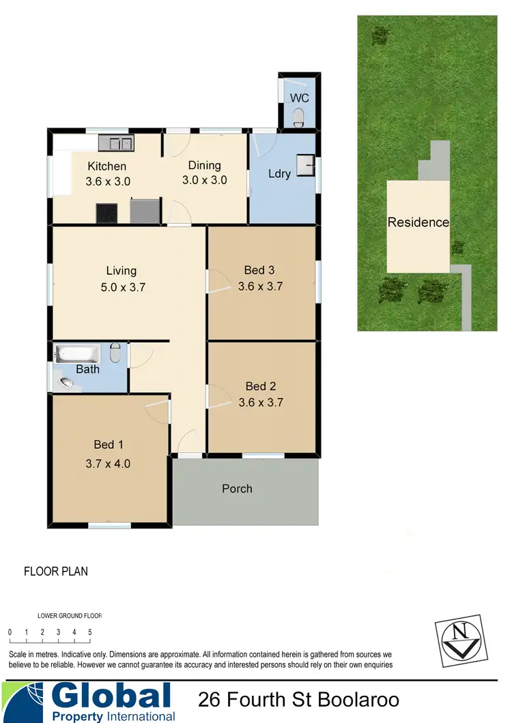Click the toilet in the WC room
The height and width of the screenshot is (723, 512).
coord(298,121)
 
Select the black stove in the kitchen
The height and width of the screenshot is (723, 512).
coord(106,213)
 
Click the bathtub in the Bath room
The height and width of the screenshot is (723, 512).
coord(77,354)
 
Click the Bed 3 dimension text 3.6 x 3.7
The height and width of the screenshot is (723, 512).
coord(260,286)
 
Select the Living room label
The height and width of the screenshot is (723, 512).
coord(121,271)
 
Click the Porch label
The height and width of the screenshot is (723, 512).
coord(237,488)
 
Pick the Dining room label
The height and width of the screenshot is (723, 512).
coord(204,165)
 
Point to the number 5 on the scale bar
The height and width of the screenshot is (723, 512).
coord(90,632)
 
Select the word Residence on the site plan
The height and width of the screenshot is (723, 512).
coord(418,222)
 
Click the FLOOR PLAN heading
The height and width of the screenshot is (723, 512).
coord(56,572)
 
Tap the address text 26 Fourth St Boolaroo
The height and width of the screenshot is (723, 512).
coord(298,700)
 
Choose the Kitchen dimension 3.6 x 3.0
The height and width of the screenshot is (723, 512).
coord(107,181)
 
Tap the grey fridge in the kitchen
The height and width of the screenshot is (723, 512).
coord(144,211)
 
